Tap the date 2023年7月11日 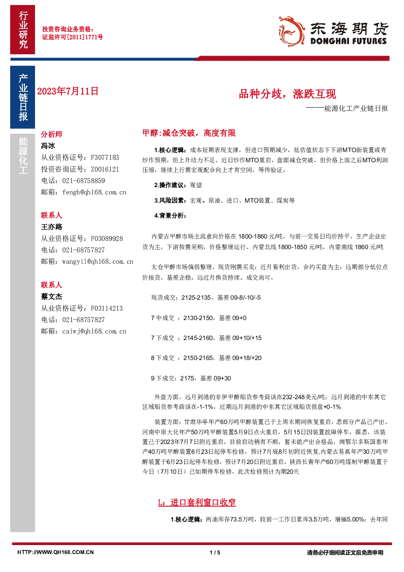(68, 91)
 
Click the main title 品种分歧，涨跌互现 (288, 94)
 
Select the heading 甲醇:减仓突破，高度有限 (189, 133)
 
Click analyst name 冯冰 (48, 146)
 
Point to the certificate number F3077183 (105, 157)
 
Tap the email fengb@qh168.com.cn (94, 192)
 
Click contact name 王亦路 (52, 227)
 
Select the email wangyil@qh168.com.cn (98, 261)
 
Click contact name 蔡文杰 (52, 296)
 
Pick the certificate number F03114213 (107, 308)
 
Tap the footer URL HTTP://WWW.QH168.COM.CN (56, 552)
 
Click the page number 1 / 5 (215, 552)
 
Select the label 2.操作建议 (170, 185)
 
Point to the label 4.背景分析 (170, 216)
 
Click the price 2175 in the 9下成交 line (187, 378)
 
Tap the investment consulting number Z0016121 (105, 169)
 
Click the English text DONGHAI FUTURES (349, 41)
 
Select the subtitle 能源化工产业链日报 (356, 108)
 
